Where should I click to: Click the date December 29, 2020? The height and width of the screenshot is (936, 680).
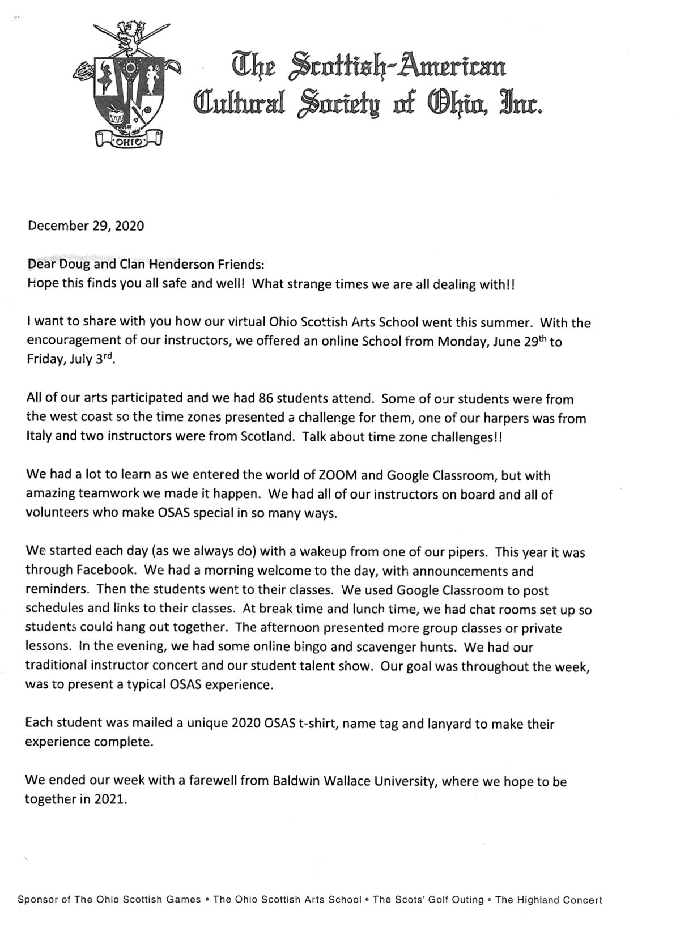coord(86,226)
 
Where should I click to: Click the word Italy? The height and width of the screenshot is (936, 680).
coord(40,437)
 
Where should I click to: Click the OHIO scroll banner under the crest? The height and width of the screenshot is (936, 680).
coord(129,140)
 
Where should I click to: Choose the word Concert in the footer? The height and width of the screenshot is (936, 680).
coord(582,899)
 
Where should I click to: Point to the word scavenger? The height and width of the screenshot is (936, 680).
coord(349,647)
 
